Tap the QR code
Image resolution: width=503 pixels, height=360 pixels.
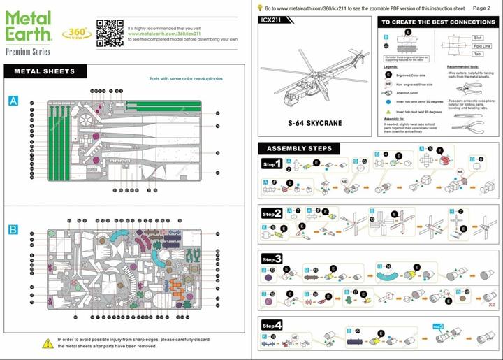coord(110,32)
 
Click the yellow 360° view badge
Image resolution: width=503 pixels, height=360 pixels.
coord(75,33)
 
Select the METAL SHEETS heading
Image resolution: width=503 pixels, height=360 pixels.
coord(44,71)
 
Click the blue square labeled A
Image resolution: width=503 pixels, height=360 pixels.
coord(13,101)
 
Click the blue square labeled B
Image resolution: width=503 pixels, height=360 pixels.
coord(13,229)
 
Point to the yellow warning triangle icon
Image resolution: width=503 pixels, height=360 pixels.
coord(48,343)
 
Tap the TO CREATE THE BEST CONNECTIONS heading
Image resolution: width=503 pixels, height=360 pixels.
coord(437,22)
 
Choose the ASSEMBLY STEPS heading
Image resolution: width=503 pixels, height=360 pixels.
coord(299,148)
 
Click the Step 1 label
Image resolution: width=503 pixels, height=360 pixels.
coord(272,165)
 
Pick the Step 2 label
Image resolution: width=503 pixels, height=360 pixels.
coord(272,213)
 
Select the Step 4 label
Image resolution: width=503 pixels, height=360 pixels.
coord(272,326)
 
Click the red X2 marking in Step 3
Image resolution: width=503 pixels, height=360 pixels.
coord(491,304)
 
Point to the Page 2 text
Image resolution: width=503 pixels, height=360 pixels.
coord(481,8)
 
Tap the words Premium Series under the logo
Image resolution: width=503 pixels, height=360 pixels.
coord(27,52)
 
